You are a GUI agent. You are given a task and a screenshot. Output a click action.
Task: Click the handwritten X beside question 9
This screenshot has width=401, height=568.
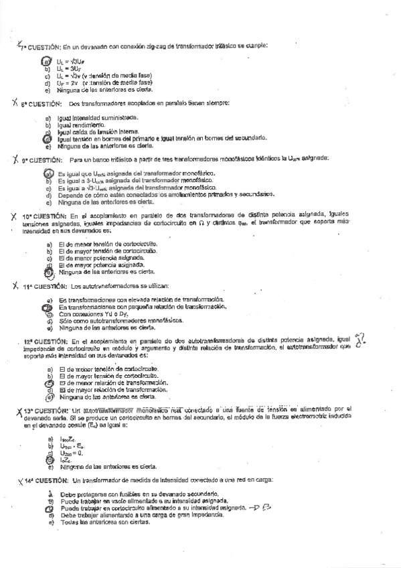pos(15,159)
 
